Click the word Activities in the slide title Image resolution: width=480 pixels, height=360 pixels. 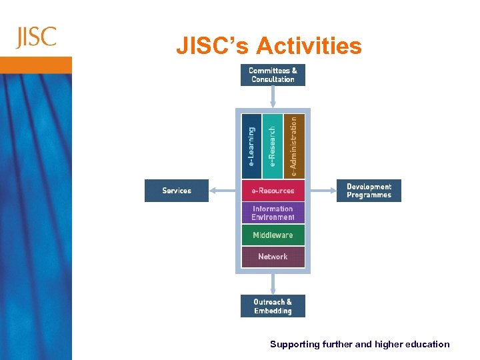pos(308,46)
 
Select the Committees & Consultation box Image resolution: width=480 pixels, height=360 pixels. pos(273,75)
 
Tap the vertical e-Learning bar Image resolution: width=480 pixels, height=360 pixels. pos(251,145)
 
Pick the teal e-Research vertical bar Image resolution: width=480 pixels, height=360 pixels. pos(273,145)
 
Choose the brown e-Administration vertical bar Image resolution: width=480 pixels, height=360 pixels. pos(294,145)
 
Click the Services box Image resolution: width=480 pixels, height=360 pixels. pos(177,191)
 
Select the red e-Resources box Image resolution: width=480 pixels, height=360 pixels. pos(273,191)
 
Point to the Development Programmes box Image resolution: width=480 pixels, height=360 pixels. pos(369,191)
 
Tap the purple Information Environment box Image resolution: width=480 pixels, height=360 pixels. pos(273,213)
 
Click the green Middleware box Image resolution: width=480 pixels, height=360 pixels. pos(273,235)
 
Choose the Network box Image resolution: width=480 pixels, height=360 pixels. pos(273,257)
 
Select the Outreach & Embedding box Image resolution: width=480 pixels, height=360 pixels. pos(273,306)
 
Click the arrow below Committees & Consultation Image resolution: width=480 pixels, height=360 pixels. pos(273,97)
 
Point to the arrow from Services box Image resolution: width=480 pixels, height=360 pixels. pos(222,191)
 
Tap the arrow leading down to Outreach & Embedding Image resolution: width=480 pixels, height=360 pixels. pos(273,283)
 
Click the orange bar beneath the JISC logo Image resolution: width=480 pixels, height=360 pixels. pos(36,65)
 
